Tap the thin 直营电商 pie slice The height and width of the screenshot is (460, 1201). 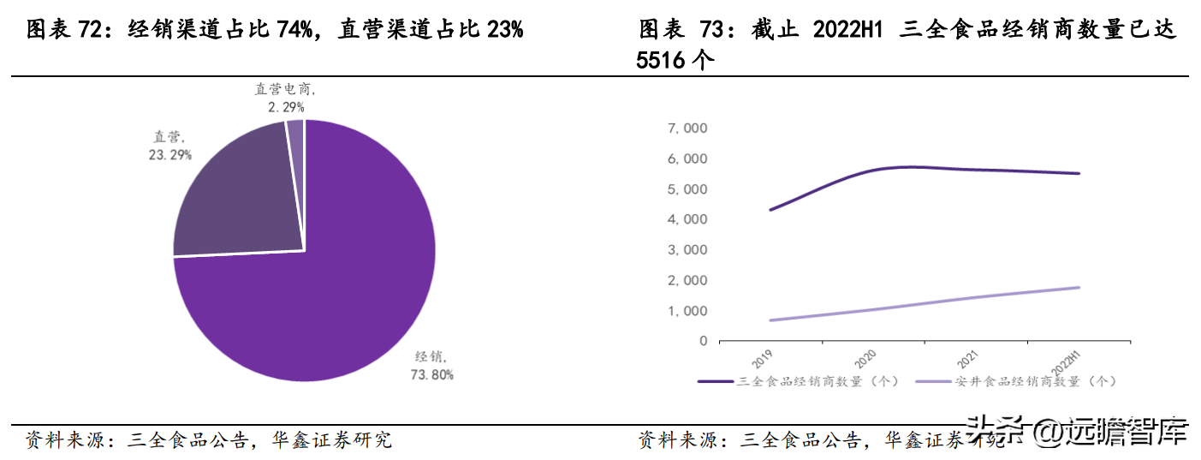coord(294,128)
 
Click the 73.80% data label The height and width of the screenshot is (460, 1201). coord(433,374)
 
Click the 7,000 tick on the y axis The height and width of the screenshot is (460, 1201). coord(687,128)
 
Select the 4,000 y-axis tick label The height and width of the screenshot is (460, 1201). coord(687,219)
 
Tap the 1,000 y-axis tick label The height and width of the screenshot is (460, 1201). coord(687,310)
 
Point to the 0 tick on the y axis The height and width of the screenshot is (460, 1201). coord(703,341)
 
